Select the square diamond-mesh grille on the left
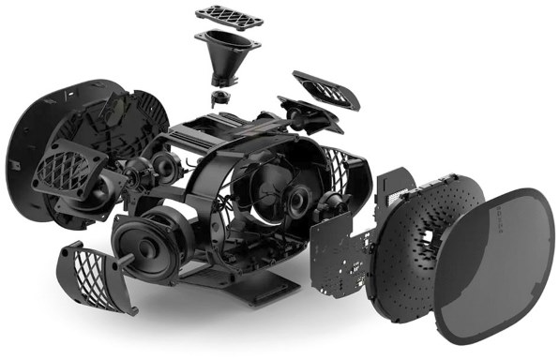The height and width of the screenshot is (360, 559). (x=70, y=177)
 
